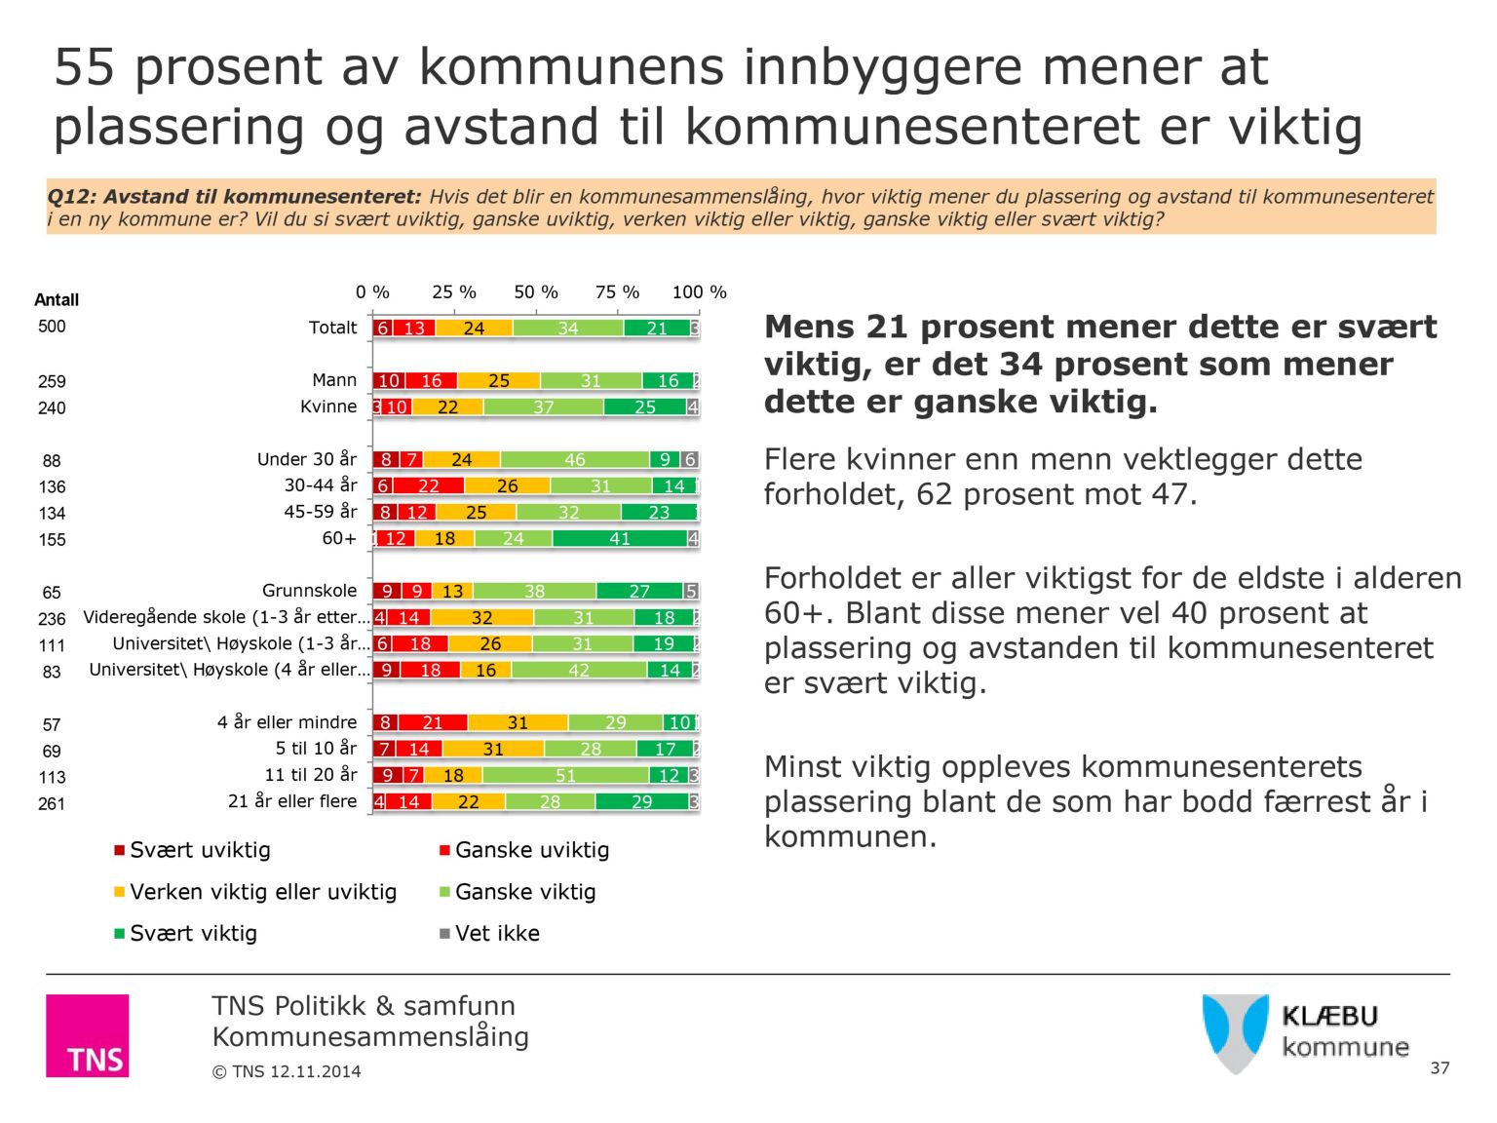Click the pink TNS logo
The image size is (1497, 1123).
87,1035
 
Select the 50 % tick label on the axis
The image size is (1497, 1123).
536,292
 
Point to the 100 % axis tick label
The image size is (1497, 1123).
699,292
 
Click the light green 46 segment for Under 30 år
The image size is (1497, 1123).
575,460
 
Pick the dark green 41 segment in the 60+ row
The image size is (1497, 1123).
620,539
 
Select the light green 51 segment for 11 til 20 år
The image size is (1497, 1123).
565,776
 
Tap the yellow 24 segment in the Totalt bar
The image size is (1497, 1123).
474,329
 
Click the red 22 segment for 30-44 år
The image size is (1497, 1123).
429,486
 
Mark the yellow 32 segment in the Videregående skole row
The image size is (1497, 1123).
481,618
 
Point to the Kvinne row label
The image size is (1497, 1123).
328,407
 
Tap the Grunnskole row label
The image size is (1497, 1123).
309,591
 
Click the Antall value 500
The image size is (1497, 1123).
52,327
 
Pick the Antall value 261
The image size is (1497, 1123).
52,804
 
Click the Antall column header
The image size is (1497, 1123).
57,300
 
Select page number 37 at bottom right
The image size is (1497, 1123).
1439,1068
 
